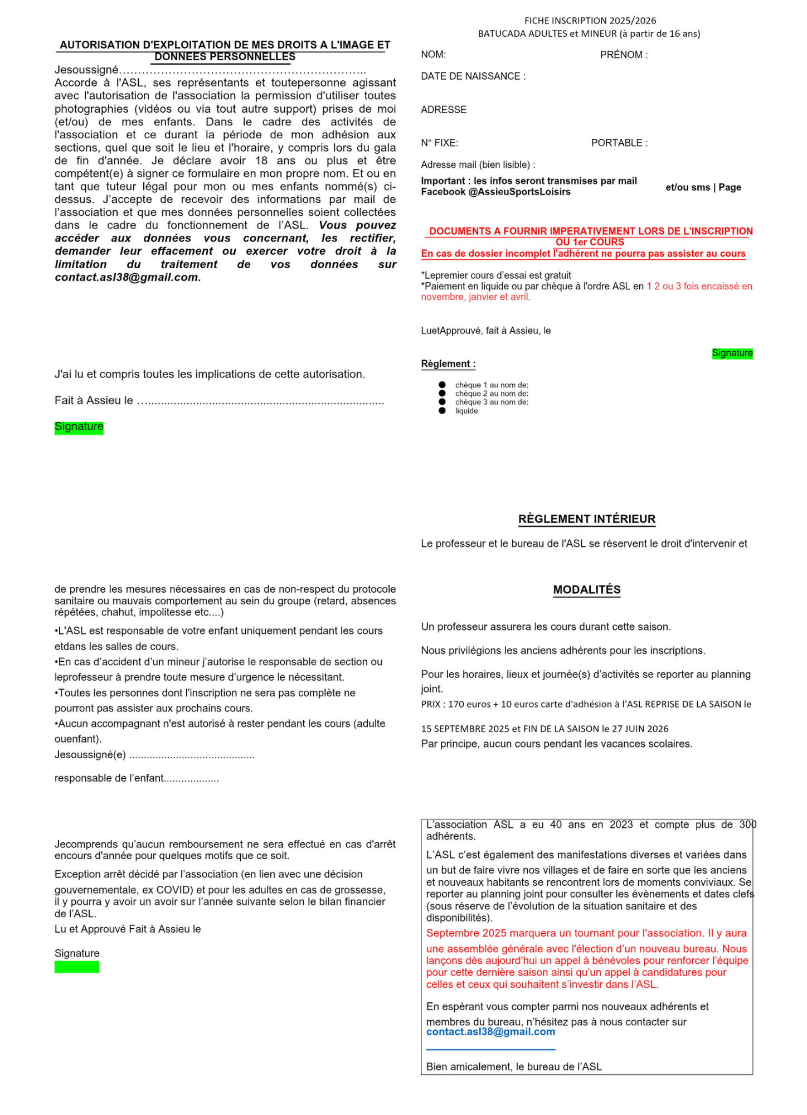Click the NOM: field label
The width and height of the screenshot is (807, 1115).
(x=433, y=55)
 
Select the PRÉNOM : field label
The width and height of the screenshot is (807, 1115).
(x=624, y=55)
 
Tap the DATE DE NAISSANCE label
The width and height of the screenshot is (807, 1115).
(x=473, y=76)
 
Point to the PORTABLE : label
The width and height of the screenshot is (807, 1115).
(x=619, y=143)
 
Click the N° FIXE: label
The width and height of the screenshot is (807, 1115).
(x=439, y=143)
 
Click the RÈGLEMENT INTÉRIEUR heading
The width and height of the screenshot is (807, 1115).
(x=586, y=519)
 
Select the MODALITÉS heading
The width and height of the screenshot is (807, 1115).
(x=586, y=590)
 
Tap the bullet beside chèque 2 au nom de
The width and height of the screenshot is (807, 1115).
(x=442, y=394)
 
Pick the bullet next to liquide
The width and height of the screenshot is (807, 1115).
(x=442, y=411)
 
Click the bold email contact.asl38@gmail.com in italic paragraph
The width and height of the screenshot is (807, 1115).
(x=128, y=278)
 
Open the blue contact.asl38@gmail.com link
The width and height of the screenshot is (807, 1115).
(x=490, y=1032)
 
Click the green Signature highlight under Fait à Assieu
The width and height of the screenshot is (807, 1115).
(x=79, y=427)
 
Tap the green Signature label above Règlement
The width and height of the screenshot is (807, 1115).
(x=732, y=353)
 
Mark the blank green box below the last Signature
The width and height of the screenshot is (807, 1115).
(x=77, y=967)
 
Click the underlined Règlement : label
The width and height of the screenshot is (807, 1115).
(x=448, y=364)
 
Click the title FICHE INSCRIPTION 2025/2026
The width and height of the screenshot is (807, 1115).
(x=590, y=21)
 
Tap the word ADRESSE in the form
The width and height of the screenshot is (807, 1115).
(x=444, y=110)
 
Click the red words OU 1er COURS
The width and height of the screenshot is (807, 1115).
(x=589, y=243)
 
